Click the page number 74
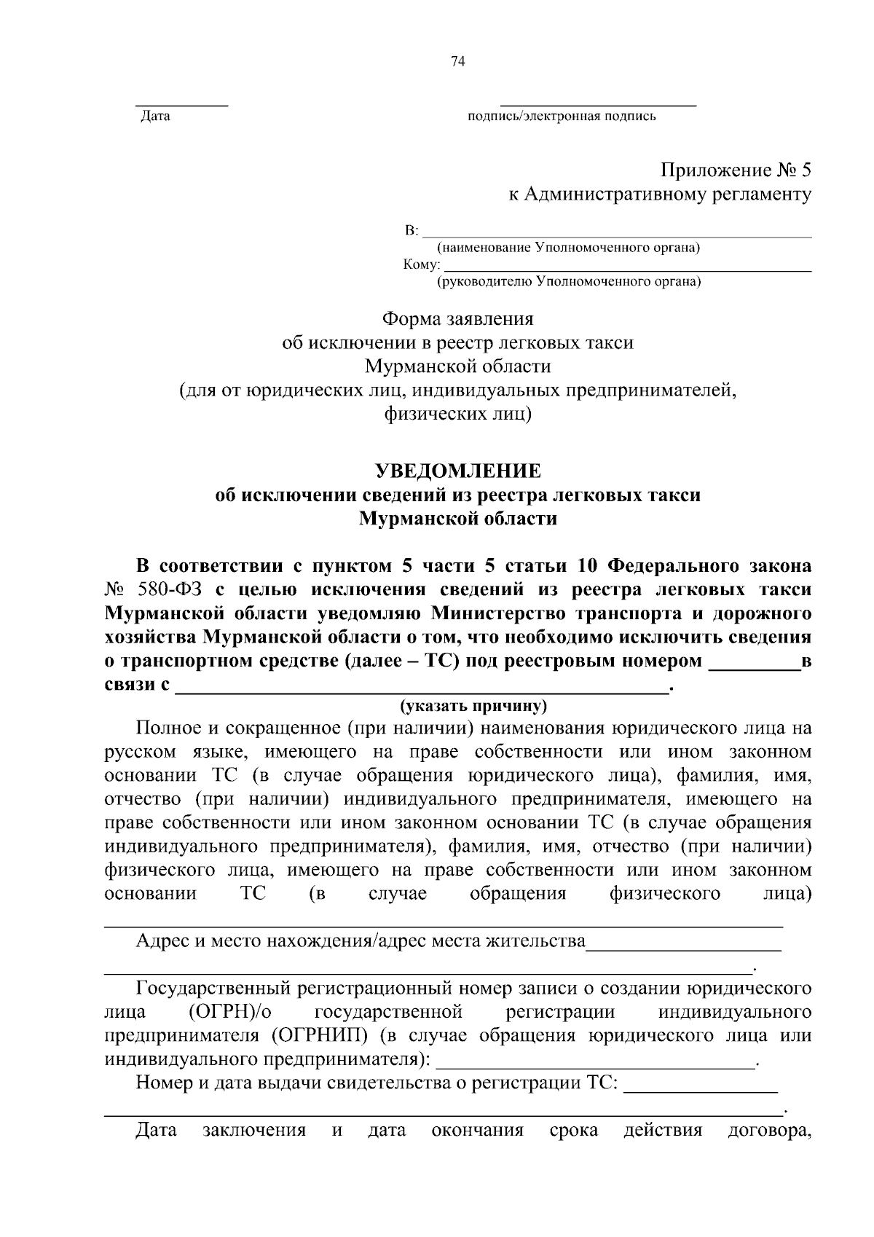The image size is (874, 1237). (457, 62)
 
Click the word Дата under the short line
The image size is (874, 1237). (155, 116)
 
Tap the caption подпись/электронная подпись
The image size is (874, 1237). (562, 116)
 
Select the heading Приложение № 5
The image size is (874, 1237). (735, 170)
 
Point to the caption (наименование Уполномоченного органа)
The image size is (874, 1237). (567, 248)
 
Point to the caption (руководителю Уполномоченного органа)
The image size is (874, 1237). (568, 281)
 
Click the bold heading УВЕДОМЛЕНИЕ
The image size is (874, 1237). (457, 471)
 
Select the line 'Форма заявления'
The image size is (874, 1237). (458, 319)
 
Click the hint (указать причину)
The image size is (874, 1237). (473, 706)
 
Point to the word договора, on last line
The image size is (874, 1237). (769, 1131)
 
